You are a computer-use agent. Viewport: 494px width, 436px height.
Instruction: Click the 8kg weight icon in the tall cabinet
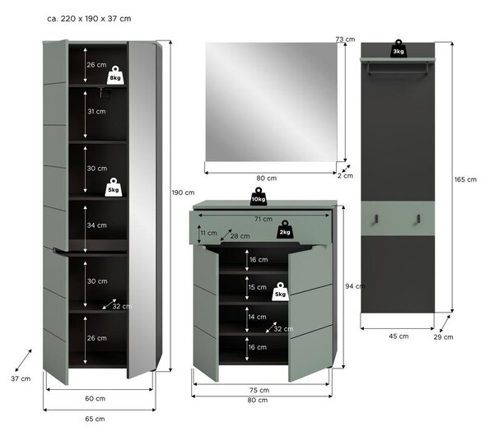click(115, 75)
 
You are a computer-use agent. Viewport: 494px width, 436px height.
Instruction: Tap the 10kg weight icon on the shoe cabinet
click(259, 197)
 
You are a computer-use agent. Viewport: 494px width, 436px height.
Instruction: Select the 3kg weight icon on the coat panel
click(398, 49)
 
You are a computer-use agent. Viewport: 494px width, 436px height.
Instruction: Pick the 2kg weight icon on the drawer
click(285, 230)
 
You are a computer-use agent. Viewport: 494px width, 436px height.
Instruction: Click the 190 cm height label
click(183, 192)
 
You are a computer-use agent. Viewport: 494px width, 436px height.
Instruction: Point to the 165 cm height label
click(465, 179)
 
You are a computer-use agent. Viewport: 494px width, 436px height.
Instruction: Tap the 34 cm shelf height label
click(96, 225)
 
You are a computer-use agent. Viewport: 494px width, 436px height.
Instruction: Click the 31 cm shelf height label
click(96, 111)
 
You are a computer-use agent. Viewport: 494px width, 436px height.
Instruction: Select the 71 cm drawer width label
click(263, 219)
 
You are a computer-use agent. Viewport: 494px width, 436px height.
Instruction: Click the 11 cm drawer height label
click(209, 233)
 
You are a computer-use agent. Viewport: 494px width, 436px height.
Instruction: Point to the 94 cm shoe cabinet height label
click(355, 286)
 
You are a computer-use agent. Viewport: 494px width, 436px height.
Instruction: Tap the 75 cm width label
click(259, 390)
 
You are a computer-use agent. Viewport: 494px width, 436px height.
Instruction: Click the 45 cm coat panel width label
click(398, 336)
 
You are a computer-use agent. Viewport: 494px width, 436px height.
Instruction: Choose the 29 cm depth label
click(443, 336)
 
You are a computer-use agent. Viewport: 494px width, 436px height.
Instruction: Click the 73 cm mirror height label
click(345, 39)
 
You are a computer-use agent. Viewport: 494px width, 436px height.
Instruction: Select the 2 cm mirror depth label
click(345, 176)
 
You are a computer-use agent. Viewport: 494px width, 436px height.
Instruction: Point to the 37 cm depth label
click(21, 378)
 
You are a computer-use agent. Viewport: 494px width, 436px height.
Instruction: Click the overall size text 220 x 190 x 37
click(89, 19)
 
